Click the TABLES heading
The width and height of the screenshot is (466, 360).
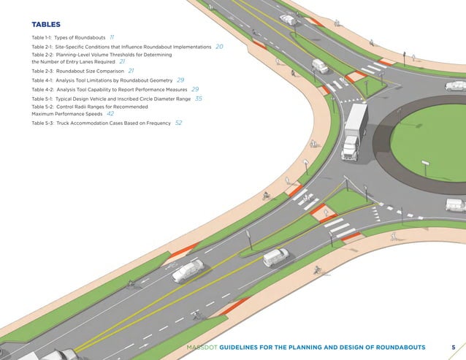[x=45, y=24]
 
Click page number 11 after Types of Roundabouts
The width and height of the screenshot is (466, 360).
[x=112, y=37]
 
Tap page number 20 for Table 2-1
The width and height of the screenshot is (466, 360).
[x=219, y=46]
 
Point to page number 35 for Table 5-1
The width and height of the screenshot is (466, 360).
[x=199, y=98]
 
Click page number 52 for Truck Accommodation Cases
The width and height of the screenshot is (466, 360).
[x=178, y=123]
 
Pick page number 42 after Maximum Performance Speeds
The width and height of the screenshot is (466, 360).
[x=110, y=114]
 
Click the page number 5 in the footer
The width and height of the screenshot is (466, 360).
[x=453, y=346]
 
